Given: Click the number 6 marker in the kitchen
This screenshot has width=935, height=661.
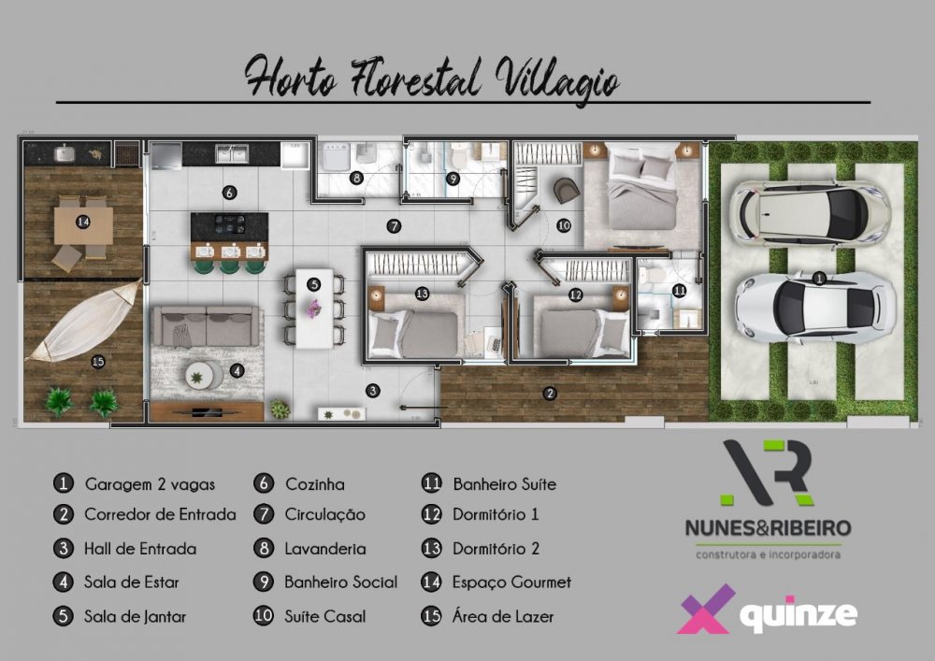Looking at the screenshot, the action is (x=229, y=193).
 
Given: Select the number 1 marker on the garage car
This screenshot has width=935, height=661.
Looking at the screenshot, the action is (x=819, y=279).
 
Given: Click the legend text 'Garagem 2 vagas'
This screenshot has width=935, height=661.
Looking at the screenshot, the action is (x=150, y=484).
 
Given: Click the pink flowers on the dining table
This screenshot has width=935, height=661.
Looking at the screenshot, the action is (x=313, y=308).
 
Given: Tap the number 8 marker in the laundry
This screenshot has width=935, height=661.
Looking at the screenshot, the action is (x=356, y=177).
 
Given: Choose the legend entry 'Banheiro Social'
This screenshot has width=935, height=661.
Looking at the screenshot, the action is (x=340, y=582).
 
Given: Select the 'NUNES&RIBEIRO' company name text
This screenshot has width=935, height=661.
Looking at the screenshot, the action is (x=768, y=527).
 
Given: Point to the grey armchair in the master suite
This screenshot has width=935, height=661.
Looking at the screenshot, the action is (x=566, y=190).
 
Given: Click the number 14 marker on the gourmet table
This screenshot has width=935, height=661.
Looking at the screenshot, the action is (x=83, y=223).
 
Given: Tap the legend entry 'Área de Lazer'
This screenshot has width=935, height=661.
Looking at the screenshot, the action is (x=503, y=616).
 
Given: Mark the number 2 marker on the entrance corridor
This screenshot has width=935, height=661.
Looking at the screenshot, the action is (x=550, y=393).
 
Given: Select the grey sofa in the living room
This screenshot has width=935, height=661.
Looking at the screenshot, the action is (x=207, y=326).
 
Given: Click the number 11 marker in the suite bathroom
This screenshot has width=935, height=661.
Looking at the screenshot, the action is (x=679, y=291).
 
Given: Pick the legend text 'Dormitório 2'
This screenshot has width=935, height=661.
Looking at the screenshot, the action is (x=496, y=549).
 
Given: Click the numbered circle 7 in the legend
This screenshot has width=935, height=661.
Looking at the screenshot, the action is (x=263, y=514).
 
